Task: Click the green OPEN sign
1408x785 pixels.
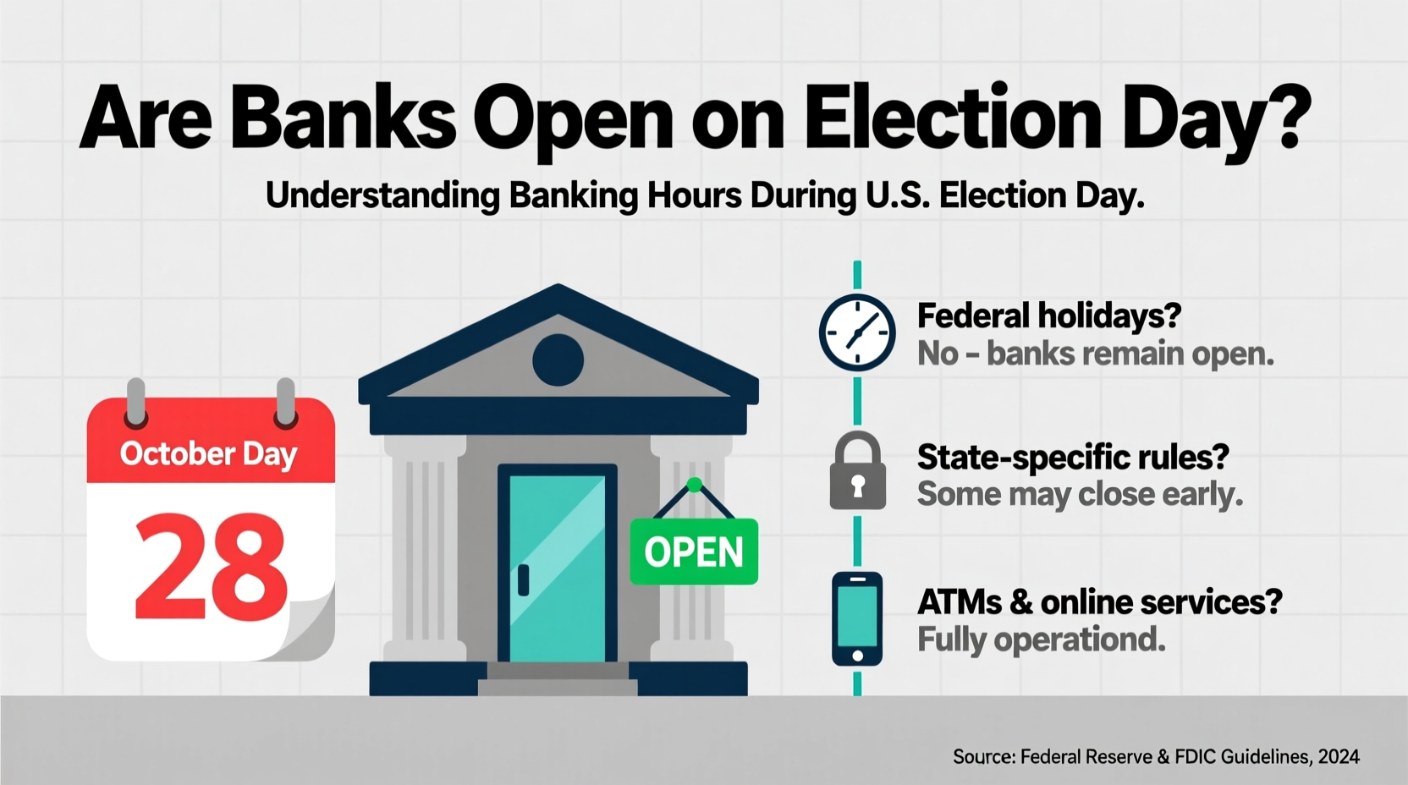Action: [694, 552]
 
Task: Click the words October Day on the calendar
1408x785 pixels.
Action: [208, 454]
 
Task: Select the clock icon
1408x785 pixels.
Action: [857, 332]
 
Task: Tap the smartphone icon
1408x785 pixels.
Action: [857, 619]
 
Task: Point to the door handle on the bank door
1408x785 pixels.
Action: [524, 580]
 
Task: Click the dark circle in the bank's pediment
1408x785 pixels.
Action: [558, 360]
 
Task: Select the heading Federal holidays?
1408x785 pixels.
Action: [1048, 316]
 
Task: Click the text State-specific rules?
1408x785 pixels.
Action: [1072, 457]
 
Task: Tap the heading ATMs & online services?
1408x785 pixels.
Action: [1099, 602]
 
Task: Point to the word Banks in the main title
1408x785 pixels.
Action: [343, 118]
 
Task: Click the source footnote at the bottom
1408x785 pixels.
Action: [1156, 756]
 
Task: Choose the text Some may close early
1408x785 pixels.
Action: [1080, 494]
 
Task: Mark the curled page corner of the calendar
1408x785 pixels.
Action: [309, 630]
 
